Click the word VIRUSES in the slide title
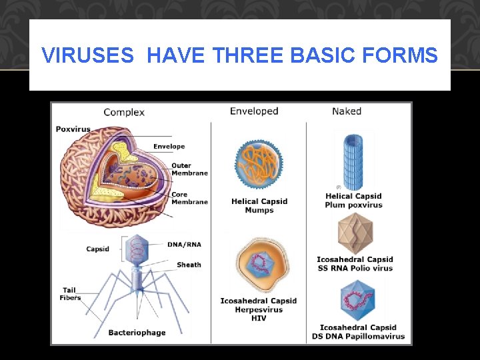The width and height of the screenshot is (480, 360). tap(87, 55)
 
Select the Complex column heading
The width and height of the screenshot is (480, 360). tap(124, 112)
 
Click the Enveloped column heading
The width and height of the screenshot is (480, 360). tap(254, 111)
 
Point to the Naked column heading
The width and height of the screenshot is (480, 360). tap(347, 111)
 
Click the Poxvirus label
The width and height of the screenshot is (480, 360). tap(73, 129)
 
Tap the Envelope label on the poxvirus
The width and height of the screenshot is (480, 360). tap(169, 147)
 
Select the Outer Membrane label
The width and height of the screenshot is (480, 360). tap(189, 169)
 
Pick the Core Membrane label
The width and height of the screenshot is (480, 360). tap(189, 198)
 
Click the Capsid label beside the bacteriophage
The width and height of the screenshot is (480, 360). tap(97, 249)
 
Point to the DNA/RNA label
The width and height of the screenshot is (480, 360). tap(184, 245)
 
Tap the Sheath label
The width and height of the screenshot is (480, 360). tap(189, 265)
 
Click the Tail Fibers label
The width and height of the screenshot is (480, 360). tap(70, 294)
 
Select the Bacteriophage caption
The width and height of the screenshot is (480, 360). tap(137, 333)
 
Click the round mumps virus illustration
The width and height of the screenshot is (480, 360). tap(259, 165)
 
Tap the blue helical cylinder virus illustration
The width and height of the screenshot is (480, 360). tap(354, 161)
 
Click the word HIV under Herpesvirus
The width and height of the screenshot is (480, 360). tap(259, 319)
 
